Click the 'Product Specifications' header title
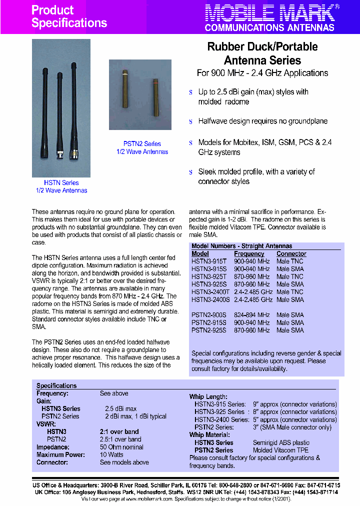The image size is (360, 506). (x=69, y=16)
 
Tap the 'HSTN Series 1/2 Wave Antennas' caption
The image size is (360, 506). (x=61, y=186)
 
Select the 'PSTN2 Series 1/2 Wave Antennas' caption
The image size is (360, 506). (x=142, y=147)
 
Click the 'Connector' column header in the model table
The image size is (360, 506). (x=291, y=254)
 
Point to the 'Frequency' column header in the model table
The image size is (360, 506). (x=249, y=254)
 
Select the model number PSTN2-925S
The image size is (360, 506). (x=209, y=330)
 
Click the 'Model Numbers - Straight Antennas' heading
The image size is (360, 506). (x=241, y=246)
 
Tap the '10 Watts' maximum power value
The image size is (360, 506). (x=111, y=454)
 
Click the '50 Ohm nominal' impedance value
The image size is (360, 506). (x=121, y=447)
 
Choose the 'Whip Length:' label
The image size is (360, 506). (x=208, y=396)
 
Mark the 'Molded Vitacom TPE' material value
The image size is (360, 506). (x=280, y=450)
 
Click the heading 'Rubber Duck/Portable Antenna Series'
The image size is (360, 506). (x=262, y=53)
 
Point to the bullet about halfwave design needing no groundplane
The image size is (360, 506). (x=262, y=121)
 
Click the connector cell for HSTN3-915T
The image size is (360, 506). (x=289, y=261)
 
